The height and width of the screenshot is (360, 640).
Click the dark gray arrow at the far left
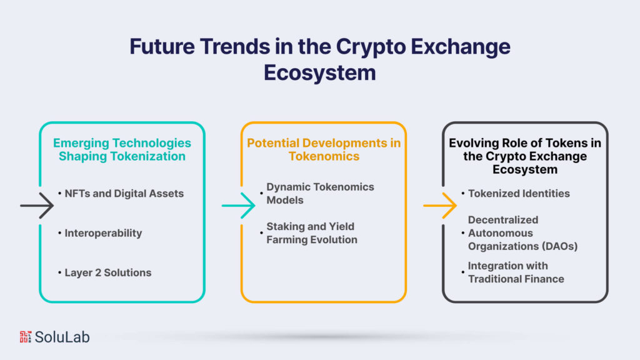(x=37, y=205)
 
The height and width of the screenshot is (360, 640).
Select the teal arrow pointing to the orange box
(x=239, y=205)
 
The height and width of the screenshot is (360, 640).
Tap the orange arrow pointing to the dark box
(x=441, y=205)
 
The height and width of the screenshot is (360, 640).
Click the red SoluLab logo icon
(x=25, y=337)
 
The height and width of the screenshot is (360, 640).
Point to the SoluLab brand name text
(x=62, y=337)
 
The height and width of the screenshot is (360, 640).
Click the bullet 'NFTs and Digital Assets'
(x=124, y=194)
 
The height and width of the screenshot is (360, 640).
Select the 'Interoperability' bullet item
(x=103, y=233)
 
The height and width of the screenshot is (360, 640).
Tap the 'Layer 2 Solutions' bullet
(x=107, y=272)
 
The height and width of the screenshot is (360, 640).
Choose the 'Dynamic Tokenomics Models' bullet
(x=320, y=193)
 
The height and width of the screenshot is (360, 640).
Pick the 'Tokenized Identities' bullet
(x=519, y=194)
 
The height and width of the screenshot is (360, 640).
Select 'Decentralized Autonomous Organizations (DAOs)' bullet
(x=522, y=233)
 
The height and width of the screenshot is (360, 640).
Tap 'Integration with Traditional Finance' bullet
(x=516, y=272)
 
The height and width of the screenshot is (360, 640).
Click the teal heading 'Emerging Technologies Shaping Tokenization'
(x=122, y=149)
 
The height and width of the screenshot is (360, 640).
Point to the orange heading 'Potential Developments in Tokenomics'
(x=324, y=149)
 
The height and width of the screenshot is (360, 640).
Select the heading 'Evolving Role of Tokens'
(x=525, y=156)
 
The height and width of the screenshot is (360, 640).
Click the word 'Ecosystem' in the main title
(x=319, y=72)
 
